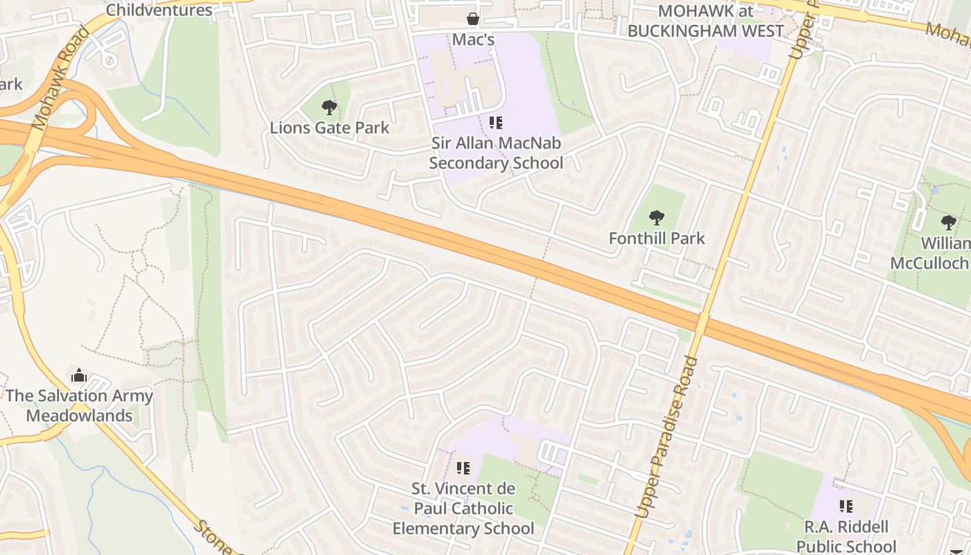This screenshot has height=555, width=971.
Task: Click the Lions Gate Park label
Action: (x=329, y=128)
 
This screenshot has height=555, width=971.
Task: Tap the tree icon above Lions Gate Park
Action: (x=329, y=107)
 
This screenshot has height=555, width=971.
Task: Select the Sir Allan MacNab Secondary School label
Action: (x=496, y=153)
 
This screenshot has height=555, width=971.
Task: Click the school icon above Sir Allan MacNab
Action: (x=496, y=123)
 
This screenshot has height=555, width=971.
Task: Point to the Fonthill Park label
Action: (x=657, y=239)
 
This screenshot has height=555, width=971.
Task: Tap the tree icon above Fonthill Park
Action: (x=657, y=218)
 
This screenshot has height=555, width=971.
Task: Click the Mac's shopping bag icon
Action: (x=473, y=18)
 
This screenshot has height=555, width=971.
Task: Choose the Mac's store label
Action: (x=473, y=40)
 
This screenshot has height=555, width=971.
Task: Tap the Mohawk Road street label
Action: (x=61, y=78)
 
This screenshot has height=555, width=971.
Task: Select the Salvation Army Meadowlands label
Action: (x=80, y=406)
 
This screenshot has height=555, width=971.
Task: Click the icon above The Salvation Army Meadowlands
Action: (x=79, y=375)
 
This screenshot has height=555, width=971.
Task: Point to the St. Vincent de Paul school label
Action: (x=463, y=509)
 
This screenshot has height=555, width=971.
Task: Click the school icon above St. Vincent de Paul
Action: (x=463, y=468)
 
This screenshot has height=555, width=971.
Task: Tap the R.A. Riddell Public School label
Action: (x=846, y=536)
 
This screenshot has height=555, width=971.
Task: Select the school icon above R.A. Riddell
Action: (x=846, y=506)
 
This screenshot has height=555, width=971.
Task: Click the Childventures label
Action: (x=160, y=10)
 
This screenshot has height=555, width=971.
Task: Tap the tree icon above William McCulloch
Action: (x=949, y=223)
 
